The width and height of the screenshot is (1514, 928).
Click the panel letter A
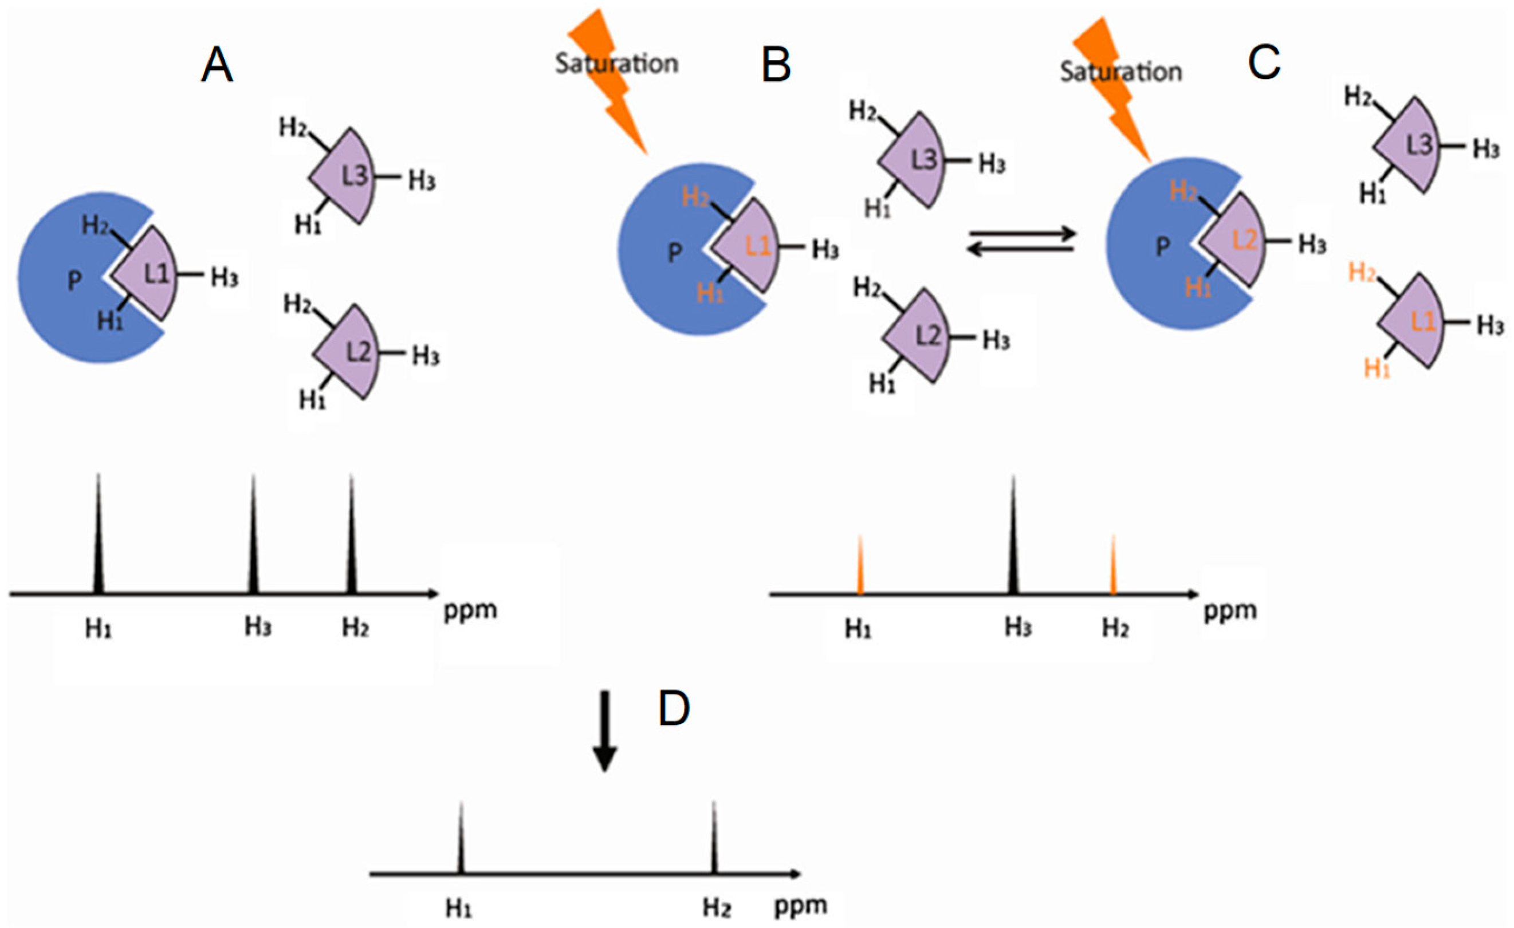click(x=217, y=66)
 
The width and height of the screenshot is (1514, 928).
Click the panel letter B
click(x=776, y=66)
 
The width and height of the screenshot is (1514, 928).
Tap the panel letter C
click(x=1264, y=62)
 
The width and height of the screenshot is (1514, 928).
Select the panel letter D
click(x=674, y=709)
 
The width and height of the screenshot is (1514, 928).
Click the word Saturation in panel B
click(x=616, y=64)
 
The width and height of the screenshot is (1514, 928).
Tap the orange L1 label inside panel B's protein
click(x=758, y=246)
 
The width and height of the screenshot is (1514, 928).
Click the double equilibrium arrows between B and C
click(x=1021, y=242)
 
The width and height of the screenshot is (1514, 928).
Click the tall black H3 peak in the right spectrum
click(x=1014, y=541)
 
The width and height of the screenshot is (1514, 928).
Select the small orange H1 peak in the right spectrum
click(x=860, y=568)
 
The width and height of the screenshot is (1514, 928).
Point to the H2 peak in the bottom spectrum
click(x=713, y=839)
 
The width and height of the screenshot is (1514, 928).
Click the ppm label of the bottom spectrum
click(x=800, y=906)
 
